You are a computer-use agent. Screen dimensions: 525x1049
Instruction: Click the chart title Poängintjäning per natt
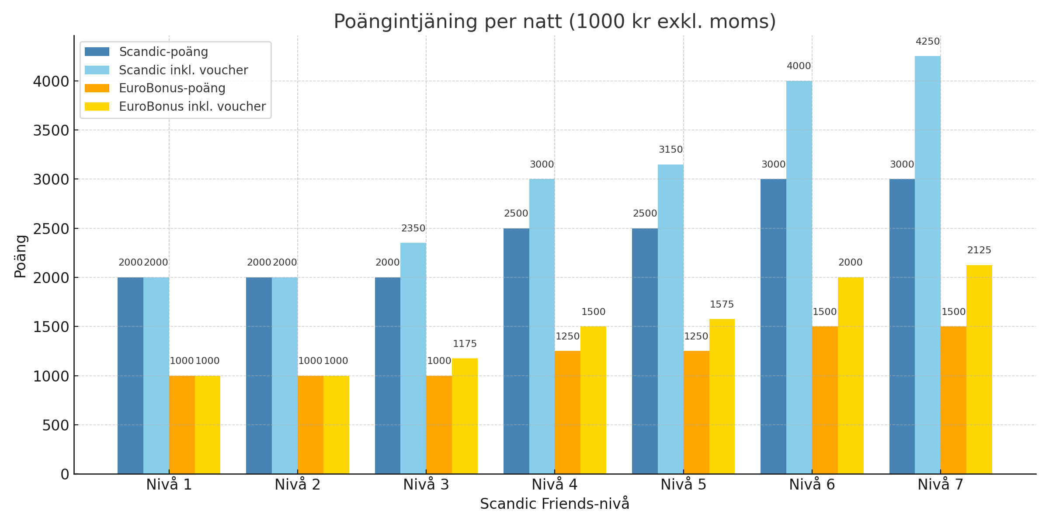pyautogui.click(x=554, y=22)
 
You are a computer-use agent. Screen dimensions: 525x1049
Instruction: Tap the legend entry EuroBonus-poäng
pyautogui.click(x=172, y=88)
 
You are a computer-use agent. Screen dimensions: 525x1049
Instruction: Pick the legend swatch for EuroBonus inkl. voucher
pyautogui.click(x=97, y=107)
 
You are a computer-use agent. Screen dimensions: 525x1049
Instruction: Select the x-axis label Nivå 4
pyautogui.click(x=555, y=485)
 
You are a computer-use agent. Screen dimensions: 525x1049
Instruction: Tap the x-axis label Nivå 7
pyautogui.click(x=940, y=485)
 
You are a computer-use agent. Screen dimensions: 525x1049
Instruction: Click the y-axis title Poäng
pyautogui.click(x=21, y=256)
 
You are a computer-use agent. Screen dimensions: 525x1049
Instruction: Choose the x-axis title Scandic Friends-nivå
pyautogui.click(x=554, y=504)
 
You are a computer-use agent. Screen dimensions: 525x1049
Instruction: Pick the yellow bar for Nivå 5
pyautogui.click(x=722, y=396)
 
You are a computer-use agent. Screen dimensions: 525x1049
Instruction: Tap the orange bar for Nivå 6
pyautogui.click(x=825, y=400)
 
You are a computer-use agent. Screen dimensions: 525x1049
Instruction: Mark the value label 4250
pyautogui.click(x=927, y=42)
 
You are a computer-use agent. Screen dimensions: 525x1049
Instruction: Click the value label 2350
pyautogui.click(x=413, y=228)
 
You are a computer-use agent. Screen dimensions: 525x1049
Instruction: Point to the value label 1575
pyautogui.click(x=722, y=304)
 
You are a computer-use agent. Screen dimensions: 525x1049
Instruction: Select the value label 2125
pyautogui.click(x=979, y=250)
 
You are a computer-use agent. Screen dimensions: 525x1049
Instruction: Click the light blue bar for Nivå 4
pyautogui.click(x=542, y=326)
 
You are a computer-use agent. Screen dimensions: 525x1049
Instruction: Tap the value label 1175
pyautogui.click(x=465, y=344)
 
